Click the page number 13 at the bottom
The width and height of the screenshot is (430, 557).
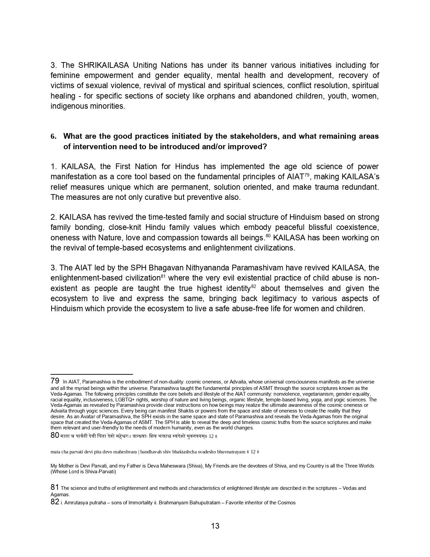click(215, 526)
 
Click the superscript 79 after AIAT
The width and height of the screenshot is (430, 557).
click(307, 175)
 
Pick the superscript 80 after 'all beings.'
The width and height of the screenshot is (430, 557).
click(268, 236)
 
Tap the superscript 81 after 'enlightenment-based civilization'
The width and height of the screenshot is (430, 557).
click(163, 276)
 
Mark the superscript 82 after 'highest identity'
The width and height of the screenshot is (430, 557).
click(254, 286)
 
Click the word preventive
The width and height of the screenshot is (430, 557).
click(203, 197)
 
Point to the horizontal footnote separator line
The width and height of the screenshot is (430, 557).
click(92, 374)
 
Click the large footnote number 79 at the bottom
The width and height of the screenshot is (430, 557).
click(55, 381)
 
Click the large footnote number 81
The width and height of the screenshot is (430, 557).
click(55, 487)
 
